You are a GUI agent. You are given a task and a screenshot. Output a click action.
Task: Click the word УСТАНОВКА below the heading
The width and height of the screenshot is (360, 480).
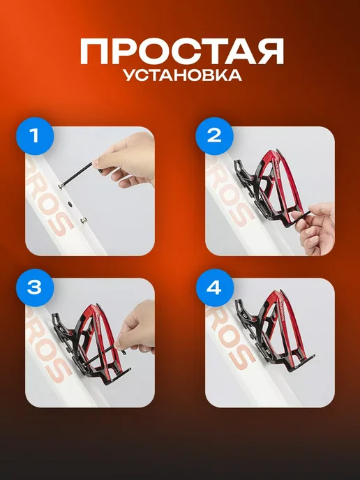pos(183,75)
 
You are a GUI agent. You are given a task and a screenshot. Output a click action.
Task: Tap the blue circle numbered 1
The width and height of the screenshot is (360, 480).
pos(35,136)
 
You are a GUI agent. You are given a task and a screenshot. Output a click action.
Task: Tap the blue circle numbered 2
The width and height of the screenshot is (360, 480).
pos(214,136)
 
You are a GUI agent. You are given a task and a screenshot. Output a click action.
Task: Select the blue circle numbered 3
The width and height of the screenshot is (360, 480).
pos(35,287)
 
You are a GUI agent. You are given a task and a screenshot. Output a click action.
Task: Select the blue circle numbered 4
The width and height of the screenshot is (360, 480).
pos(214,287)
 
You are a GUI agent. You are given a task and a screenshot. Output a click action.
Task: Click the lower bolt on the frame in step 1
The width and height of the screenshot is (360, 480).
pos(82,220)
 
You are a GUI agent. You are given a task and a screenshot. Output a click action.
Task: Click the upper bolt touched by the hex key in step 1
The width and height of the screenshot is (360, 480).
pos(62,186)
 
